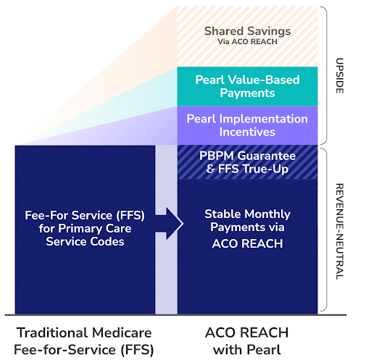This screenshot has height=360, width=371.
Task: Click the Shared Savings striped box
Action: [247, 36]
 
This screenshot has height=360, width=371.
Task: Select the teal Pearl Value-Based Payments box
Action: [247, 86]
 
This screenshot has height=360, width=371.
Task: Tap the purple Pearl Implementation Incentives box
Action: [247, 125]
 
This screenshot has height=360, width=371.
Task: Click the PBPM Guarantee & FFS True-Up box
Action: [247, 162]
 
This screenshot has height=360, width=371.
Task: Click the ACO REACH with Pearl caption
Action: [247, 340]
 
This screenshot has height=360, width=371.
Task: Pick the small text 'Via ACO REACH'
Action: [247, 42]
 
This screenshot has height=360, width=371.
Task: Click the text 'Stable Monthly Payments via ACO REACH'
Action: [247, 229]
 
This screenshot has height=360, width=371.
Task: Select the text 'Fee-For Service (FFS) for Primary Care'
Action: [86, 222]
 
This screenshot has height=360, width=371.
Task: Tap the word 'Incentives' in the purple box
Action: [247, 133]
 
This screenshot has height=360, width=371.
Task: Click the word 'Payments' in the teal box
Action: [247, 93]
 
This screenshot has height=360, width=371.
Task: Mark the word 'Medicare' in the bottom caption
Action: [114, 332]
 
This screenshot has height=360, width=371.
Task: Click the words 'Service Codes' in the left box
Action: [86, 242]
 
